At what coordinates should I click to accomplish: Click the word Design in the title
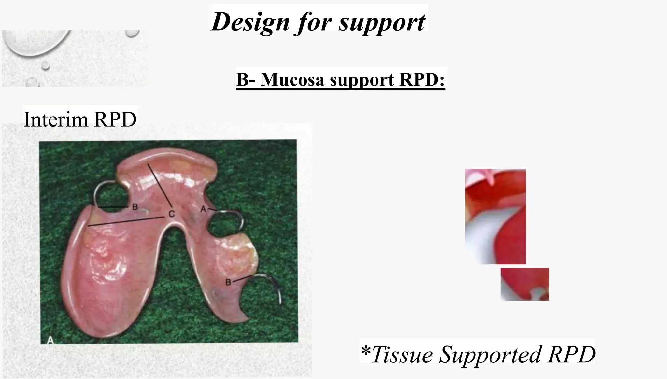(x=250, y=22)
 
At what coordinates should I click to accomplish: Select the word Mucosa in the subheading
(x=292, y=79)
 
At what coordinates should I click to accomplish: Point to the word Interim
(x=56, y=119)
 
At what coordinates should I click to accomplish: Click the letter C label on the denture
(x=172, y=214)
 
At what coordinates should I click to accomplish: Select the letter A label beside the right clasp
(x=203, y=209)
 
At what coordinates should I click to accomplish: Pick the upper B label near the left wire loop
(x=135, y=207)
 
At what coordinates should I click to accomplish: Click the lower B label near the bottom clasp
(x=228, y=282)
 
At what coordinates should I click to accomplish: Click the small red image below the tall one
(x=525, y=284)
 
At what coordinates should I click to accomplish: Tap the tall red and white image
(x=495, y=217)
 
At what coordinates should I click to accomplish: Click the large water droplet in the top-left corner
(x=36, y=42)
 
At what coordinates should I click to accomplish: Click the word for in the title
(x=314, y=22)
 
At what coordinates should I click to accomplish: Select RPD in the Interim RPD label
(x=115, y=119)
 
